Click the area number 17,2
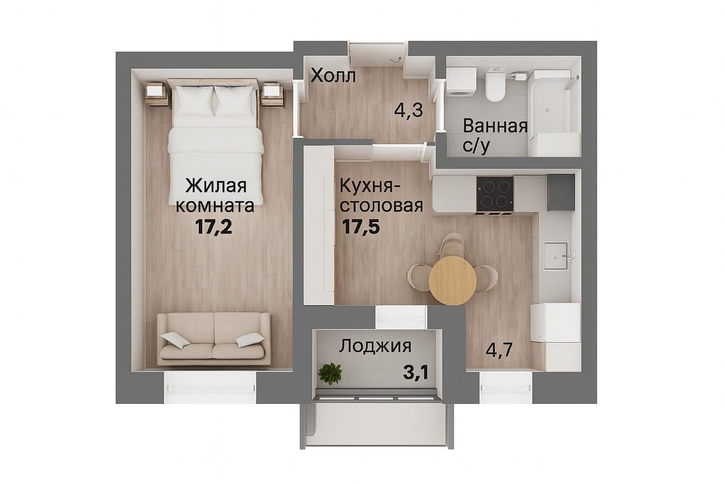coord(214,227)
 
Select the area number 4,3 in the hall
coord(409,112)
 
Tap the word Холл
coord(334,75)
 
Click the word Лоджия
coord(375,346)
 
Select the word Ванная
coord(495,126)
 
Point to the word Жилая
coord(216,186)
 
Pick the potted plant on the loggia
coord(330,372)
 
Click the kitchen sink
coord(557,255)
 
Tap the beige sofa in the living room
coord(213,338)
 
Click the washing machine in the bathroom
coord(461,83)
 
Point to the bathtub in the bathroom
coord(554,112)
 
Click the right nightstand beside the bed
coord(272,95)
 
